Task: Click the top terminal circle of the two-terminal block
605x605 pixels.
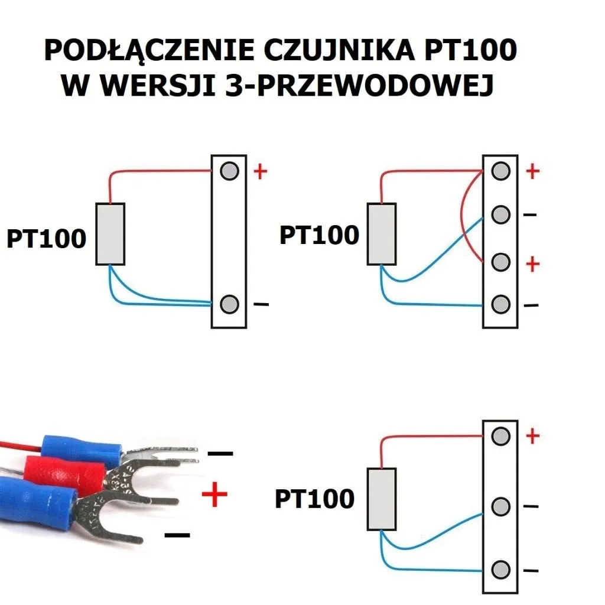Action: (x=229, y=171)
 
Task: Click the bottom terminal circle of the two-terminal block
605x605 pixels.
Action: (x=229, y=305)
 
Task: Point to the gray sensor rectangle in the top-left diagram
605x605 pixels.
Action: (x=110, y=234)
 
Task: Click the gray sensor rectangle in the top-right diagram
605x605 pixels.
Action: (x=382, y=234)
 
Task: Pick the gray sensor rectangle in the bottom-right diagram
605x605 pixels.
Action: (x=382, y=499)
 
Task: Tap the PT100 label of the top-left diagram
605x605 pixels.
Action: (x=47, y=239)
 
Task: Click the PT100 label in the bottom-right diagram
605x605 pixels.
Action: (x=314, y=499)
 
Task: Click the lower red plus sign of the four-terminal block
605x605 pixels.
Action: (x=533, y=264)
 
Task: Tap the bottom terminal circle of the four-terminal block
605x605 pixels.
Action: (x=500, y=305)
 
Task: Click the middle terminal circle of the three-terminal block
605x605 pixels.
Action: (x=500, y=506)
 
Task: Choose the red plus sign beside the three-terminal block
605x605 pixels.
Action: (x=533, y=436)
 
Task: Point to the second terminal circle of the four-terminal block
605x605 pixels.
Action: (x=500, y=214)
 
